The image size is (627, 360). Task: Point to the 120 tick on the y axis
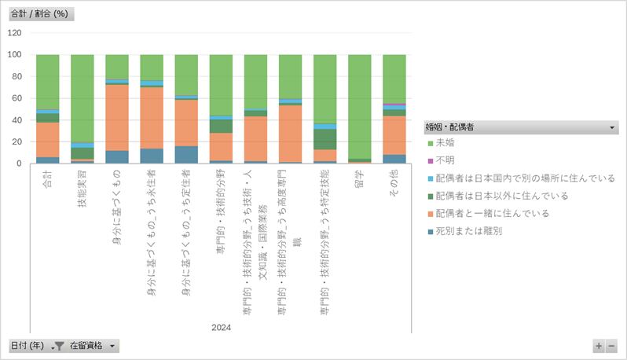click(x=15, y=33)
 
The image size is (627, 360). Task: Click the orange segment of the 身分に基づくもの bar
click(x=117, y=117)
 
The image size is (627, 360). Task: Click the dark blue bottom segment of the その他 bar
click(x=394, y=159)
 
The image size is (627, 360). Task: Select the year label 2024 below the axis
click(x=221, y=327)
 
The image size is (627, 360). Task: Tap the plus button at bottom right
click(x=599, y=346)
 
